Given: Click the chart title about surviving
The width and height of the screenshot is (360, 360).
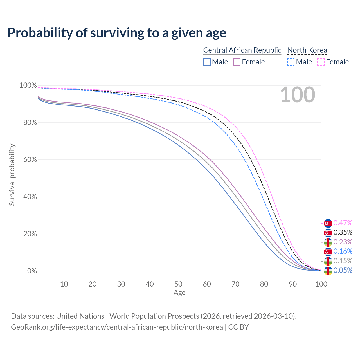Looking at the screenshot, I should [117, 33].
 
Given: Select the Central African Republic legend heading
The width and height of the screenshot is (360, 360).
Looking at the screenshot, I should [242, 50].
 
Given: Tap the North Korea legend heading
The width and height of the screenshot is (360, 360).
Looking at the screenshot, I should [307, 50].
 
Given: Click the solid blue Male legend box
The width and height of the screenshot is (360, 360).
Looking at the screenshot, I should [207, 62].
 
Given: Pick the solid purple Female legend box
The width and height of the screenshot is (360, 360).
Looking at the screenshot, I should [237, 62].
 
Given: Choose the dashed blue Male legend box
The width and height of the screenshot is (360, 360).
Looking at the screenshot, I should [291, 62].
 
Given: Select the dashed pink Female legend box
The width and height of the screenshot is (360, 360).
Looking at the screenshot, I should [321, 62].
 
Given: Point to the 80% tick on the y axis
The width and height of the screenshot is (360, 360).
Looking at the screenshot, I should [28, 123].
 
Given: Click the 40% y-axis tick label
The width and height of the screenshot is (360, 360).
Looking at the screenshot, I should [28, 197].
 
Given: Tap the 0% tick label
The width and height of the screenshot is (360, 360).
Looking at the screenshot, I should [32, 271].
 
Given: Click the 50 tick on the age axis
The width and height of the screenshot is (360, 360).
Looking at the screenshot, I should [178, 284].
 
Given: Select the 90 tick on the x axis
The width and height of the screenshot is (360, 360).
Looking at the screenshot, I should [293, 284].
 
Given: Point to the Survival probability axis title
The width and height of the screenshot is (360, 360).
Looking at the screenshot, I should [12, 175].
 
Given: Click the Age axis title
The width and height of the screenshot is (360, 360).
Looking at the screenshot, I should [179, 293].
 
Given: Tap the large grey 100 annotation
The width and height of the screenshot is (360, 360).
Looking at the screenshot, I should [298, 95].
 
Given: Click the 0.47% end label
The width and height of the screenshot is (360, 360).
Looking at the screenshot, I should [343, 223].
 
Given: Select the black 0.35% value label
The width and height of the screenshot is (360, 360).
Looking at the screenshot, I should [343, 233].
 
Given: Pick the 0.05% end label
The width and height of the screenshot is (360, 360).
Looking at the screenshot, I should [343, 271].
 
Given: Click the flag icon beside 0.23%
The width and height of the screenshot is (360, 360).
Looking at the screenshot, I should [328, 242].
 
